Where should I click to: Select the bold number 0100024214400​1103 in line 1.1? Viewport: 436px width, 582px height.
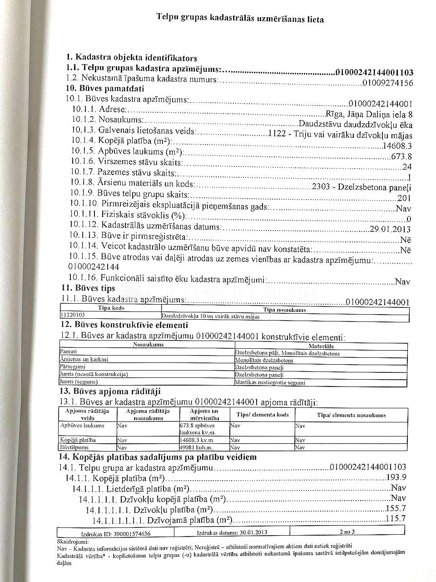(x=374, y=72)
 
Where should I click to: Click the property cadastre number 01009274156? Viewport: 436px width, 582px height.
(x=388, y=83)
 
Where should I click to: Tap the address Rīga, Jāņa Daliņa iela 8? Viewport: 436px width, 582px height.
(x=369, y=114)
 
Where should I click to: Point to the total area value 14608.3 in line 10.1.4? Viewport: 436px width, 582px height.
(x=397, y=146)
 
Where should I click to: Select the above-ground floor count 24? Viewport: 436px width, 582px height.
(x=406, y=167)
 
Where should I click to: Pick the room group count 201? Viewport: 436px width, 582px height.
(x=404, y=198)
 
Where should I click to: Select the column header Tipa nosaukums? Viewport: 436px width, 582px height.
(x=284, y=310)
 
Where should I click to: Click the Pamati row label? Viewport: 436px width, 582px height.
(x=69, y=351)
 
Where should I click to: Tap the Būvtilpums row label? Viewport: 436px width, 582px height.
(x=70, y=447)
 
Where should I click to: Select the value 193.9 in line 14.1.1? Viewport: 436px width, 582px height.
(x=396, y=477)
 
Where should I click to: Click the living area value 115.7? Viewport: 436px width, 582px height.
(x=395, y=519)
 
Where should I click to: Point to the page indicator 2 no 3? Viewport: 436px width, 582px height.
(x=347, y=532)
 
